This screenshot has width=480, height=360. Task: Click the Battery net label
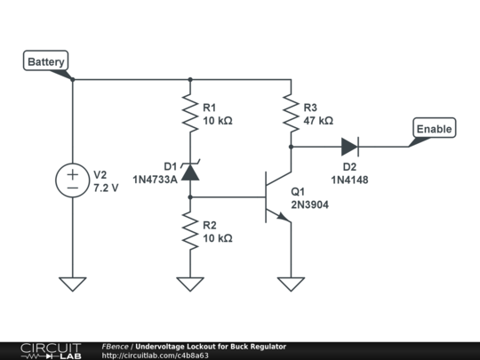coord(44,62)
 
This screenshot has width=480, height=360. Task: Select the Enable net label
coord(434,129)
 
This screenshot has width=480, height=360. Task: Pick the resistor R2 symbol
coord(190,231)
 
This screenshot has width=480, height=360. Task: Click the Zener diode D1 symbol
coord(190,172)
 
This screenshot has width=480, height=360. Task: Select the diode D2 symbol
coord(349,146)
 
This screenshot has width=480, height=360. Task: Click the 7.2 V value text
coord(106,188)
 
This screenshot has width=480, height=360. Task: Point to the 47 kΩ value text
coord(317,120)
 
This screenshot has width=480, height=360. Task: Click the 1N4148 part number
coord(349,180)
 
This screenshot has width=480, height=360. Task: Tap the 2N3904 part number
coord(309,204)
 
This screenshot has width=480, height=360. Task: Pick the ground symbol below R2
coord(190,284)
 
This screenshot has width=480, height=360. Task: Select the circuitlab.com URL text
coord(156,356)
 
